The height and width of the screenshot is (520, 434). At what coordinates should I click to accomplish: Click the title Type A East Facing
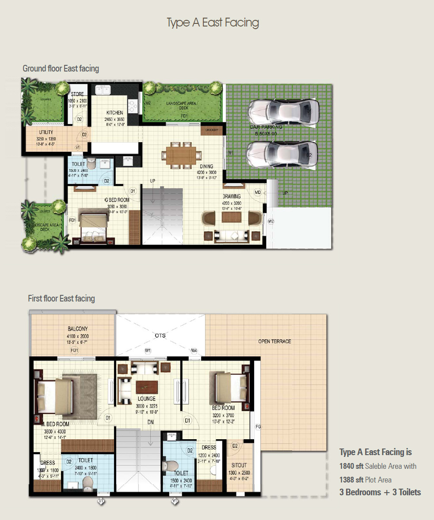(x=213, y=23)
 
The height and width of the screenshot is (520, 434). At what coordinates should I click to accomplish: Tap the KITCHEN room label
(x=114, y=113)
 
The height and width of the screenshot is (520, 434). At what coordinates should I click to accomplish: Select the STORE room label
(x=77, y=94)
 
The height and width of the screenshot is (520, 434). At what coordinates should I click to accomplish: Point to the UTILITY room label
(x=46, y=132)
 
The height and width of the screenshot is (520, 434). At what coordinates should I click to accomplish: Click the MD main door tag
(x=258, y=192)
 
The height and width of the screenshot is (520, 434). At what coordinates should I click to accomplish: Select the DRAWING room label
(x=232, y=196)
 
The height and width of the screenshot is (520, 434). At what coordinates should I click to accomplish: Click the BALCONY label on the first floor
(x=77, y=329)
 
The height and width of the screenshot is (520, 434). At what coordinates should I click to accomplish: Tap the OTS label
(x=160, y=335)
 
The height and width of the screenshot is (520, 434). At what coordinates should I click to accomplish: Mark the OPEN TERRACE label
(x=275, y=342)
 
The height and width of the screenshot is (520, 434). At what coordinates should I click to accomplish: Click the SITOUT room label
(x=239, y=465)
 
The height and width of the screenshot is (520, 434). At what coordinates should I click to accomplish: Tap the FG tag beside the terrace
(x=259, y=427)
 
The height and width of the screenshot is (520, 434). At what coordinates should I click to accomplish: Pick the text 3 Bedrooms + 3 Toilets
(x=380, y=492)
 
